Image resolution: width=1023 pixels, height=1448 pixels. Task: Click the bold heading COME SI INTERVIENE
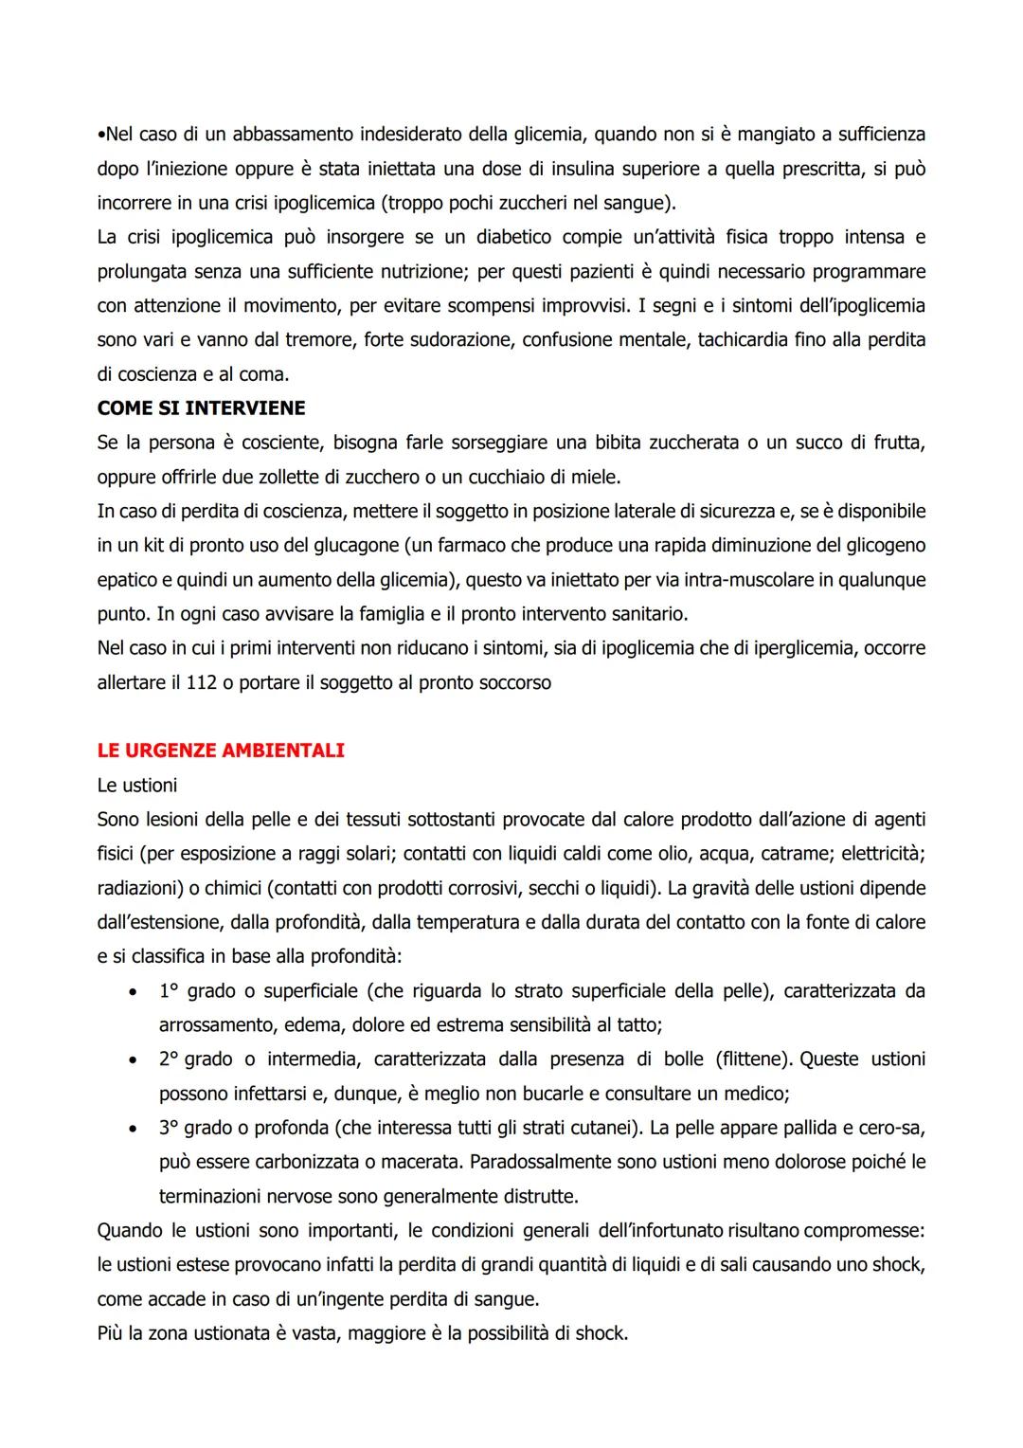coord(201,408)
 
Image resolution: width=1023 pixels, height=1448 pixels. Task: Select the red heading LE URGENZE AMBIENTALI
coord(221,751)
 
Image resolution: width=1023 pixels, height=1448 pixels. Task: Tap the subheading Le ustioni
coord(136,785)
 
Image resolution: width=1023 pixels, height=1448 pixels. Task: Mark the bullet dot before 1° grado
coord(132,991)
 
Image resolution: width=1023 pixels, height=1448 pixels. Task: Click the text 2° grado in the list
coord(195,1059)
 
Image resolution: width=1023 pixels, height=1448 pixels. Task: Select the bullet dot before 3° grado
coord(132,1128)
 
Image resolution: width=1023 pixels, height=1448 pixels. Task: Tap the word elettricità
coord(878,853)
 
